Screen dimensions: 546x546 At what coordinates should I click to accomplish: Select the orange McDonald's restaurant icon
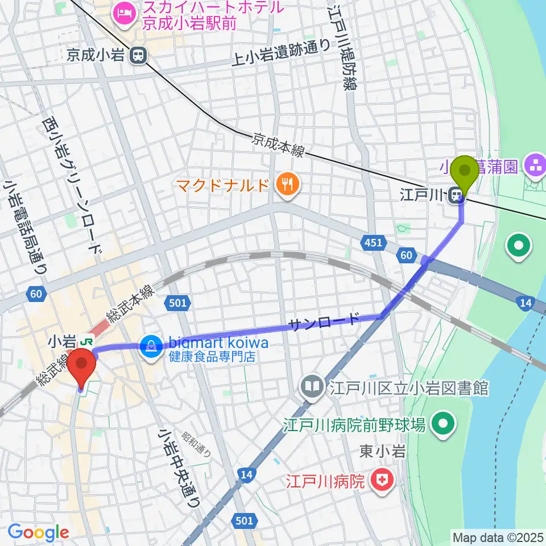click(x=287, y=184)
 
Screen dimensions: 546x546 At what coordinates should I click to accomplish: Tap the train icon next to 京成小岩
click(x=136, y=55)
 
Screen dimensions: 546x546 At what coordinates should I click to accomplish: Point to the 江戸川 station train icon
click(x=455, y=196)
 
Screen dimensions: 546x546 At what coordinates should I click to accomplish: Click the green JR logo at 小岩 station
click(x=86, y=342)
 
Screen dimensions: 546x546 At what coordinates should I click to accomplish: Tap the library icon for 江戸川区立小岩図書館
click(x=312, y=388)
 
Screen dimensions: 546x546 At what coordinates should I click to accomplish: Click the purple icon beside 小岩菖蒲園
click(x=535, y=166)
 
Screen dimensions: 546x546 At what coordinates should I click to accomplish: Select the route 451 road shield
click(x=374, y=243)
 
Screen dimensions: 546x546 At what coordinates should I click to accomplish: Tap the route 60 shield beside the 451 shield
click(x=406, y=256)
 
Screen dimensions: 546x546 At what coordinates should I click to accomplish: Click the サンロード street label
click(x=324, y=322)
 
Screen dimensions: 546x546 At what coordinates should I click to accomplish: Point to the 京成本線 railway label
click(x=279, y=145)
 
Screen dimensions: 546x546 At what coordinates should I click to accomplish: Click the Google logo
click(x=39, y=533)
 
